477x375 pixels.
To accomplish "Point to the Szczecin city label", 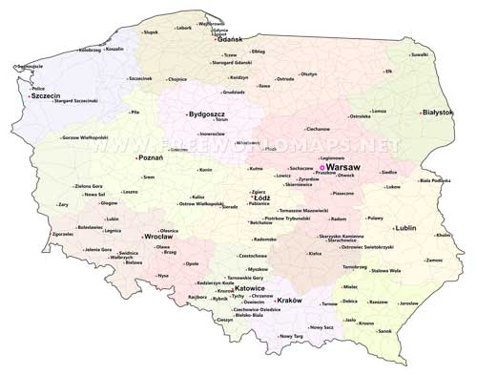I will (47, 96).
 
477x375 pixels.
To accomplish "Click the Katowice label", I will (249, 286).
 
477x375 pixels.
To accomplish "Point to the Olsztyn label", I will (308, 73).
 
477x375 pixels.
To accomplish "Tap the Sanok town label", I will (384, 331).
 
